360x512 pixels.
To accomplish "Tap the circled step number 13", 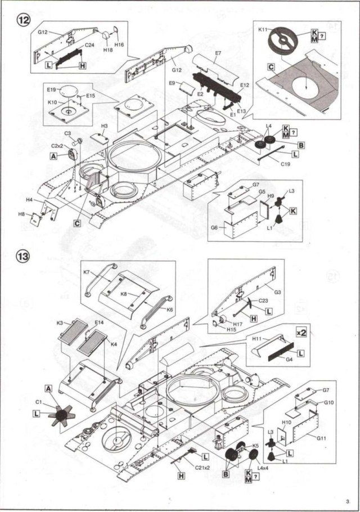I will [23, 257].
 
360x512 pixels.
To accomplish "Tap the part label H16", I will [119, 44].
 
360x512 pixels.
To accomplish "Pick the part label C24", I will [89, 46].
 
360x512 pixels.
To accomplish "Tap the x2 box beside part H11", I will [301, 332].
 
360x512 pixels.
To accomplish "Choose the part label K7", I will [87, 272].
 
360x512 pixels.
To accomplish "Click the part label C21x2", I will [202, 468].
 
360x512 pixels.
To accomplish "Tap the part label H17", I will [238, 324].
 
